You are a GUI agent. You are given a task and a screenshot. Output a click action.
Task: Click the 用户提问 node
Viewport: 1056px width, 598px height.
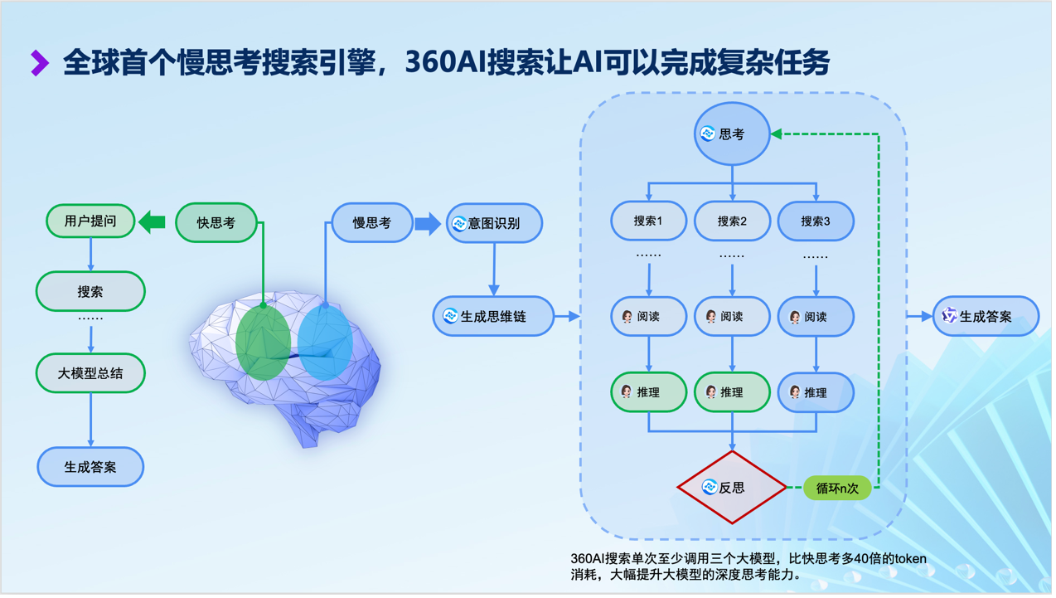pyautogui.click(x=90, y=221)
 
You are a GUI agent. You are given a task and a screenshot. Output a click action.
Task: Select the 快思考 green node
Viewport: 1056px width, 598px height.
pyautogui.click(x=216, y=222)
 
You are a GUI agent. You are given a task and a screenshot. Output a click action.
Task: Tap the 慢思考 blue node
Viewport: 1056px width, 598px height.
pyautogui.click(x=372, y=222)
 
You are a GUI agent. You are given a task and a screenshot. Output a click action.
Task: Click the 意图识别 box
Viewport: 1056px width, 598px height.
pyautogui.click(x=494, y=223)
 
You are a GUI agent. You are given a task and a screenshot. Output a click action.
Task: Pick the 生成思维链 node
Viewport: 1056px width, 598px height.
pyautogui.click(x=493, y=316)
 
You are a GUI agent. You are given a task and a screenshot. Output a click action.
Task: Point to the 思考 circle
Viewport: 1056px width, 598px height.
pyautogui.click(x=732, y=134)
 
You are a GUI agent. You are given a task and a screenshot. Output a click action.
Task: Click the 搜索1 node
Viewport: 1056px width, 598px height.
pyautogui.click(x=649, y=221)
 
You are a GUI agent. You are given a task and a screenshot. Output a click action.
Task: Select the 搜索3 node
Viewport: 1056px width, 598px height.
pyautogui.click(x=816, y=221)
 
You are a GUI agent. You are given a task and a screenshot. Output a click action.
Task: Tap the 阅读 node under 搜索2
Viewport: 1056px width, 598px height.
pyautogui.click(x=732, y=316)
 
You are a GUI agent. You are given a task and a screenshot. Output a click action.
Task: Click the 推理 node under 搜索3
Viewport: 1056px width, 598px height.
pyautogui.click(x=816, y=392)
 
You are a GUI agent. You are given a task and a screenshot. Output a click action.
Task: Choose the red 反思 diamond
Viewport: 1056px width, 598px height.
pyautogui.click(x=732, y=487)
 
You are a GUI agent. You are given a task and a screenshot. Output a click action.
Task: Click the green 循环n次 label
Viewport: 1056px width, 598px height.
pyautogui.click(x=837, y=489)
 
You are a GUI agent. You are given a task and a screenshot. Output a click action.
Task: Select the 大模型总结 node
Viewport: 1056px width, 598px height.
pyautogui.click(x=90, y=373)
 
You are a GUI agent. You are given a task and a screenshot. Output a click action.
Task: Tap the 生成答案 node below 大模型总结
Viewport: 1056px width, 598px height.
pyautogui.click(x=90, y=467)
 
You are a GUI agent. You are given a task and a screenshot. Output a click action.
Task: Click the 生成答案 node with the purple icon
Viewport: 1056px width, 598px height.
pyautogui.click(x=986, y=316)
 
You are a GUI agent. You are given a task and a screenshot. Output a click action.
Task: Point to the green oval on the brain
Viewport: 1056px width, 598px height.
pyautogui.click(x=263, y=342)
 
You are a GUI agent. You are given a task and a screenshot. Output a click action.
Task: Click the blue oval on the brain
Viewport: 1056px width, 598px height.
pyautogui.click(x=325, y=342)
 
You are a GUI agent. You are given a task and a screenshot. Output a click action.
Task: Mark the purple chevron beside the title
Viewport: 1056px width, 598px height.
pyautogui.click(x=40, y=63)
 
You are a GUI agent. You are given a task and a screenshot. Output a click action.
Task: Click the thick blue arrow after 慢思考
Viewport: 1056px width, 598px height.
pyautogui.click(x=428, y=223)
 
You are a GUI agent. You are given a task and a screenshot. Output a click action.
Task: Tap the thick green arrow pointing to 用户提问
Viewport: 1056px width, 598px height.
pyautogui.click(x=152, y=221)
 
